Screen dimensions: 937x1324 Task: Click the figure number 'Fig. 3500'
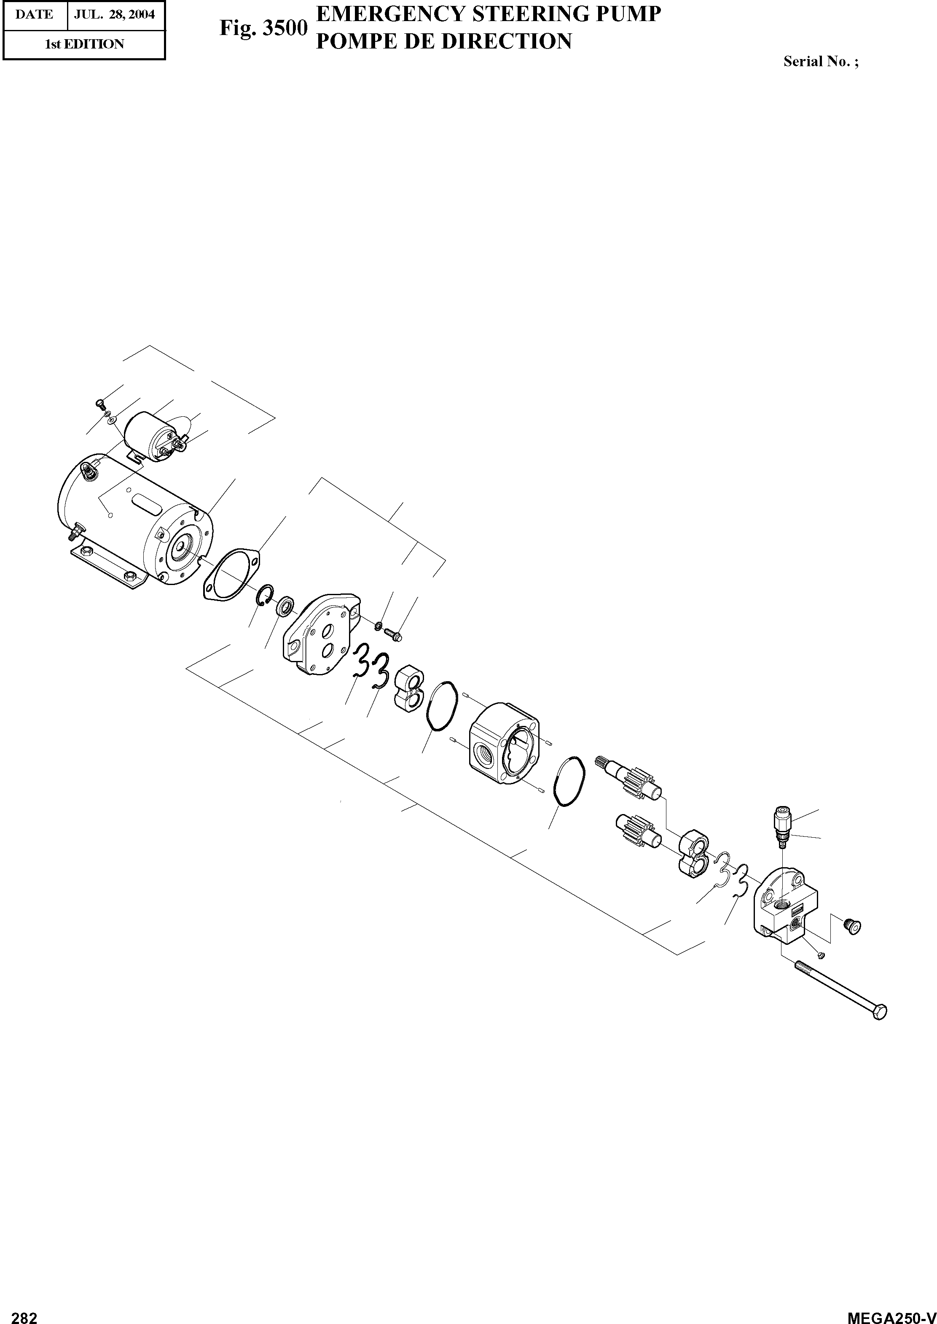(263, 28)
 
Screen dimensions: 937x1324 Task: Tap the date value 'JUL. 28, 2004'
(114, 14)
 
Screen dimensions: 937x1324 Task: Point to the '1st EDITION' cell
(84, 44)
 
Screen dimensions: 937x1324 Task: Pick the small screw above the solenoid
(99, 403)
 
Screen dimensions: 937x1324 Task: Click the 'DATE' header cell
(35, 14)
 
